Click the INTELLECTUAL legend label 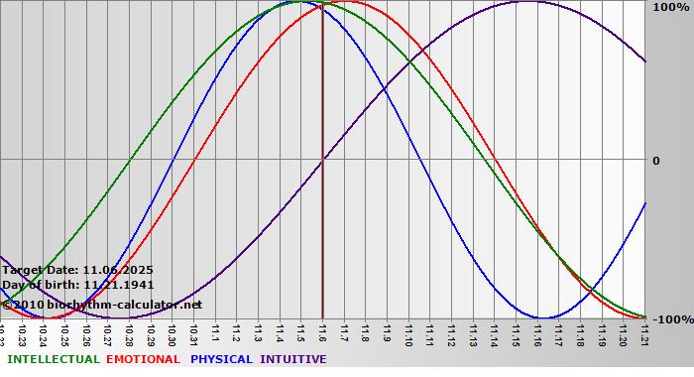tap(53, 359)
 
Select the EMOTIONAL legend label tap(143, 359)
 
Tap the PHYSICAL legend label tap(222, 359)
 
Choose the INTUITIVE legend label tap(293, 359)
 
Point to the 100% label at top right tap(670, 7)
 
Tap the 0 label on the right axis tap(655, 161)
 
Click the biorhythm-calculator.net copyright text tap(101, 304)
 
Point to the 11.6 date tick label tap(323, 333)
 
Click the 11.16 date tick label tap(537, 333)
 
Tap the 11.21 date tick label tap(644, 333)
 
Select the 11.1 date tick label tap(216, 333)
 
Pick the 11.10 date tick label tap(408, 333)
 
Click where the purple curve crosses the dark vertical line tap(323, 160)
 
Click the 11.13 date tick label tap(473, 333)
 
